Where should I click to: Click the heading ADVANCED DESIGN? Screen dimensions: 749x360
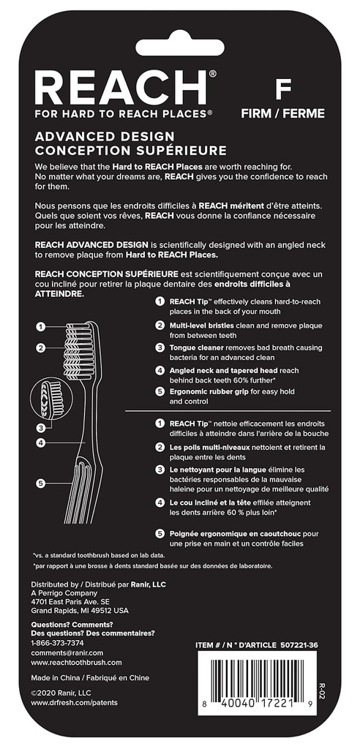pyautogui.click(x=105, y=136)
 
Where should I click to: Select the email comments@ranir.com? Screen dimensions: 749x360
pyautogui.click(x=67, y=652)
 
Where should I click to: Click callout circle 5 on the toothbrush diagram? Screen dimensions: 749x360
pyautogui.click(x=42, y=483)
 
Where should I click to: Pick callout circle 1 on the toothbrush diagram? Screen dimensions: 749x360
pyautogui.click(x=42, y=327)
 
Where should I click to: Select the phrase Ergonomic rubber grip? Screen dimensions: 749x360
pyautogui.click(x=211, y=391)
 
